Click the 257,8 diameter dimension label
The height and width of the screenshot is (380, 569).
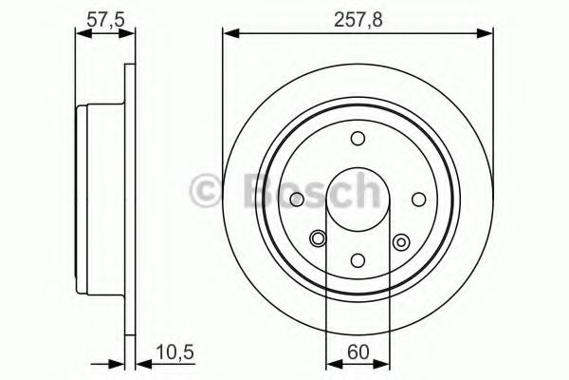[358, 16]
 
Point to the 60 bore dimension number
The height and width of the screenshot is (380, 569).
[358, 351]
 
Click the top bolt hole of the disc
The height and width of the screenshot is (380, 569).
[358, 139]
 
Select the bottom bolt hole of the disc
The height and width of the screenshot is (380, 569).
[358, 258]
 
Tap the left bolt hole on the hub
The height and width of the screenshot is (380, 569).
[298, 199]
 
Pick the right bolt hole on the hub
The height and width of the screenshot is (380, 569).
[418, 199]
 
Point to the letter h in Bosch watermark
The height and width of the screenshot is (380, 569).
[363, 190]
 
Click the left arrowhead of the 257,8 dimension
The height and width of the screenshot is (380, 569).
[229, 35]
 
